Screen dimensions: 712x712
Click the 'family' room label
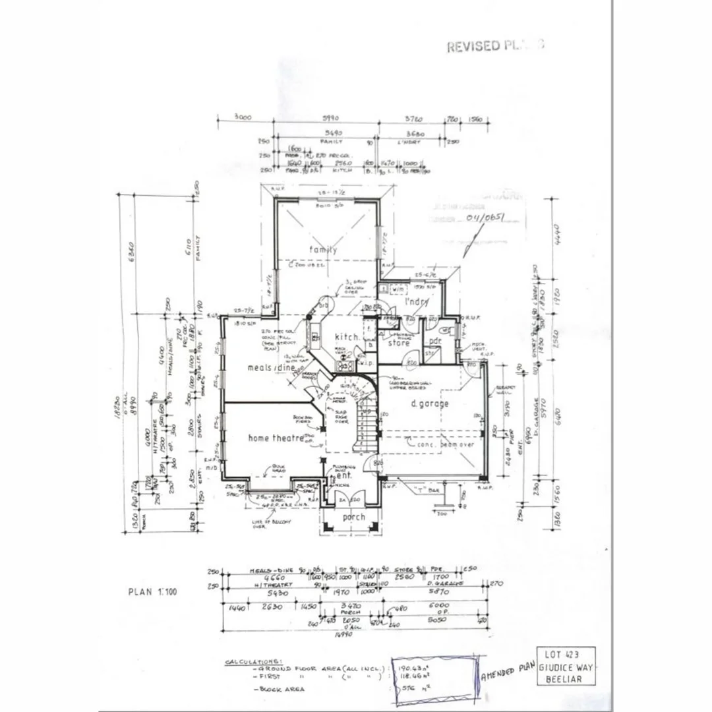point(323,249)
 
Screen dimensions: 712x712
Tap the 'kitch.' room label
point(347,336)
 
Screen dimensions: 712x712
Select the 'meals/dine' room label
point(271,367)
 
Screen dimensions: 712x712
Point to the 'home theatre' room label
point(276,438)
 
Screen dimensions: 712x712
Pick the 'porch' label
point(353,518)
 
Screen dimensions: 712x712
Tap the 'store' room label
point(398,343)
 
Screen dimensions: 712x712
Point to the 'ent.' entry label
point(343,475)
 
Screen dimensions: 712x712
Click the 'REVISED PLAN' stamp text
point(495,46)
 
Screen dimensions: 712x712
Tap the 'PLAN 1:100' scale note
point(152,591)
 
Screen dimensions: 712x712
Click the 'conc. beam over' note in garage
point(446,445)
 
